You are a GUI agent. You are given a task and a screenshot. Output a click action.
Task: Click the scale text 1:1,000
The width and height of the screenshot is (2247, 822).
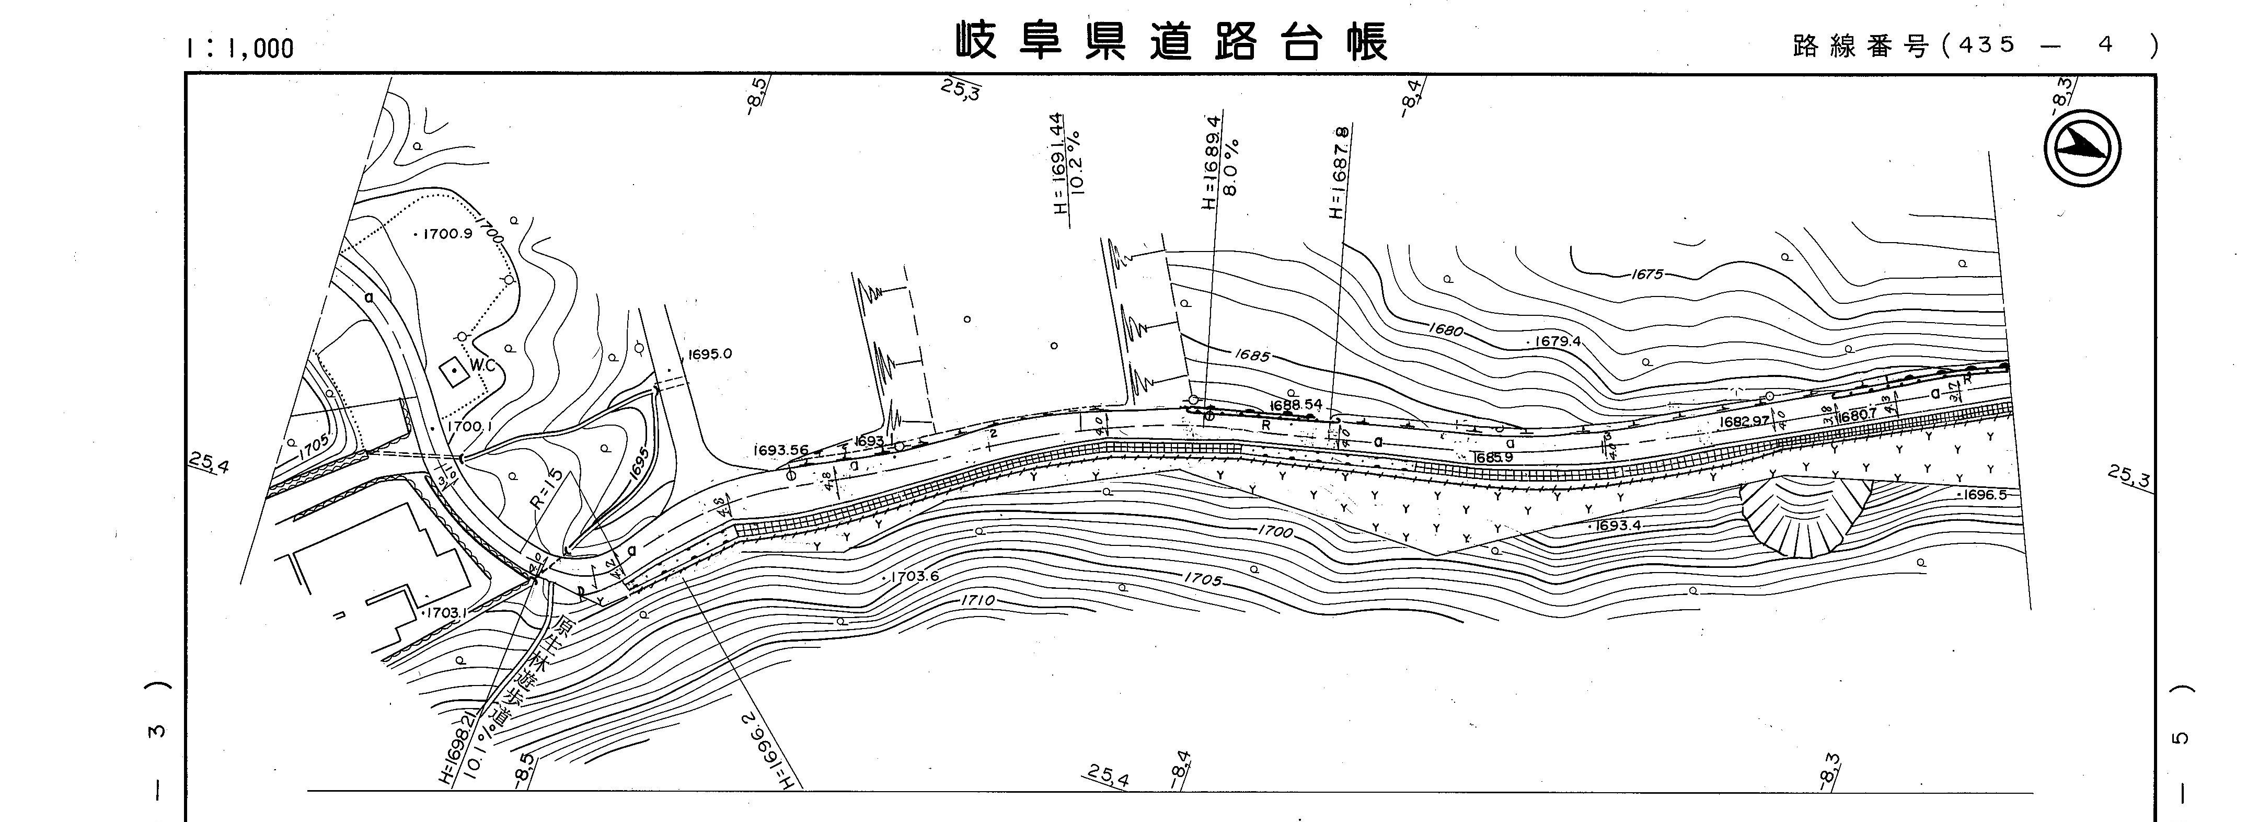(239, 49)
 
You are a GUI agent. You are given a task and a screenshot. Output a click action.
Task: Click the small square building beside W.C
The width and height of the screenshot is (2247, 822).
(453, 373)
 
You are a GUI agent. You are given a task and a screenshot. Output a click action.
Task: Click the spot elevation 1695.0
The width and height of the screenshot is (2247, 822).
(709, 355)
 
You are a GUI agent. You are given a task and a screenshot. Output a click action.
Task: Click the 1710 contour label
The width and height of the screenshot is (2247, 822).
(977, 601)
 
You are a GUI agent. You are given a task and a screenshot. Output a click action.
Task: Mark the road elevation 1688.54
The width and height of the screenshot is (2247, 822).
(1296, 405)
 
